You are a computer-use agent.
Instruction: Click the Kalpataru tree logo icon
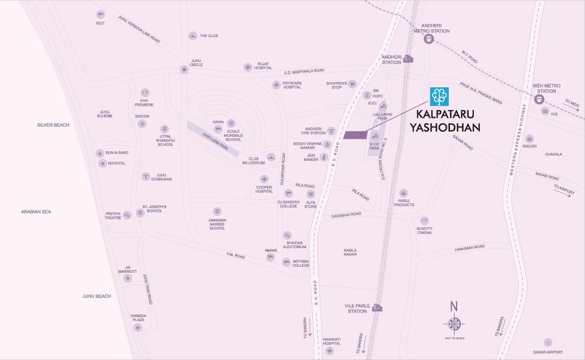440,96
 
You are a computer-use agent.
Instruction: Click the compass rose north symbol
454,324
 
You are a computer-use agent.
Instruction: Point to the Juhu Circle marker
184,69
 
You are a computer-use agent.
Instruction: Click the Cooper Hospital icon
264,179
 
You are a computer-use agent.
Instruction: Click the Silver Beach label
53,125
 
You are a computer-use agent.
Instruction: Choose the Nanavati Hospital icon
331,352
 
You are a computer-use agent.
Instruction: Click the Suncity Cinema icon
424,221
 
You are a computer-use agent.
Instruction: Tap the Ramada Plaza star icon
138,328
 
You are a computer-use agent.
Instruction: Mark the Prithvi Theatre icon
127,215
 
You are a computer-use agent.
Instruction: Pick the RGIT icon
100,15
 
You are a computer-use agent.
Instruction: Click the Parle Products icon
403,193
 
